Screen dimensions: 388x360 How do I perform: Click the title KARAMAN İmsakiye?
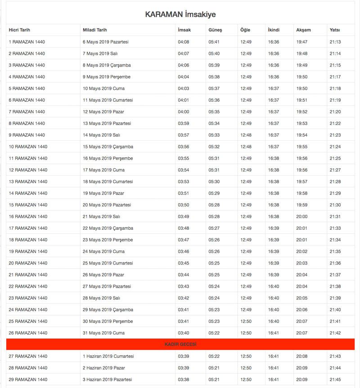point(180,14)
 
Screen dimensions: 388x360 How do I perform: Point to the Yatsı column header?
point(334,30)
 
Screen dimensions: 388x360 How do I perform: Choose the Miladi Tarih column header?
point(95,30)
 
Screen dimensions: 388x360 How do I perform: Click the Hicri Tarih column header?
point(19,30)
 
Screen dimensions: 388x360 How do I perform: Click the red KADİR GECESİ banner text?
point(180,344)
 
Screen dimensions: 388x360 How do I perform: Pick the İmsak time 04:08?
point(183,42)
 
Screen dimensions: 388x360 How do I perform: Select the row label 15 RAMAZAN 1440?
point(28,205)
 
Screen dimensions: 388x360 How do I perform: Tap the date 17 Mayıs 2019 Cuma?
point(103,170)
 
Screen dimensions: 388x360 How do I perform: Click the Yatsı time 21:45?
point(335,379)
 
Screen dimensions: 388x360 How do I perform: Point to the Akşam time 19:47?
point(301,42)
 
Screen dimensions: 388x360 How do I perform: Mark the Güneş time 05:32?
point(214,147)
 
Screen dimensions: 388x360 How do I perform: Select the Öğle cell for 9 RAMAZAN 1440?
point(246,135)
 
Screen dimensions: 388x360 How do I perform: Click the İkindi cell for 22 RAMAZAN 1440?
point(274,286)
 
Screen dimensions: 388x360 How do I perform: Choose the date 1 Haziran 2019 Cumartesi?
point(108,356)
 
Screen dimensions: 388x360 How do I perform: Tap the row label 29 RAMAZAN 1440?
point(28,379)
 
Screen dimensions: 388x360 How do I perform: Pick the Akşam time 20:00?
point(301,217)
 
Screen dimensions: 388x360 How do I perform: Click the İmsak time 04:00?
point(183,111)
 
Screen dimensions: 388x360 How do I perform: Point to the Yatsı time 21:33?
point(335,228)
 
